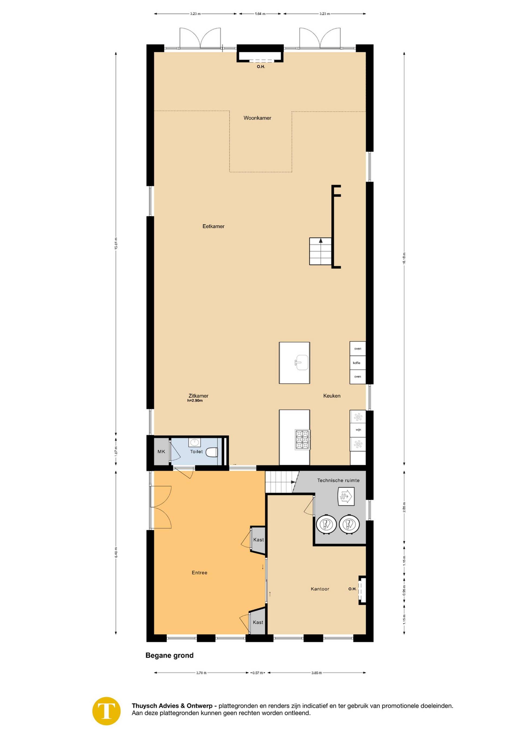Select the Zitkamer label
click(198, 396)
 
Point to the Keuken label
click(332, 396)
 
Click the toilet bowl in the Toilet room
click(211, 452)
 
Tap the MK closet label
click(161, 452)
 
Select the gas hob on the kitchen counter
click(303, 440)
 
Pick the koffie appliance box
click(357, 363)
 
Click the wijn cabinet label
click(358, 430)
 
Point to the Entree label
click(200, 572)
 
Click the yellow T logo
click(107, 711)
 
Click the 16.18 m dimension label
click(404, 258)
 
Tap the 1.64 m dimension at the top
click(260, 14)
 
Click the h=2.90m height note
click(195, 401)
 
